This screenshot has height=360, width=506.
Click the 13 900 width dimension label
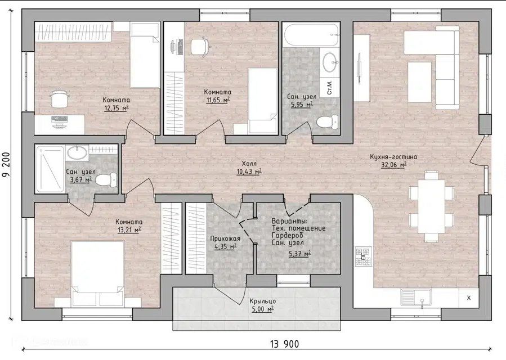(x=285, y=344)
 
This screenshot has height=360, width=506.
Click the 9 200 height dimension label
(x=6, y=165)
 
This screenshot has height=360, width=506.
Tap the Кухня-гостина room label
(x=393, y=157)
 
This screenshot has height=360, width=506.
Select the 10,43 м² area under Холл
(x=249, y=172)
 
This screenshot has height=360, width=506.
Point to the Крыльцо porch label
(x=263, y=301)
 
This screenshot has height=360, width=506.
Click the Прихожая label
(x=225, y=238)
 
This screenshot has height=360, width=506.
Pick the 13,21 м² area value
(x=129, y=230)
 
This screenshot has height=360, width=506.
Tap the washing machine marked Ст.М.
(x=330, y=87)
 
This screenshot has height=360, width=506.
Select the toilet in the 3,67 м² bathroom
(x=106, y=179)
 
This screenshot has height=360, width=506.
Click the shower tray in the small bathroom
(x=50, y=169)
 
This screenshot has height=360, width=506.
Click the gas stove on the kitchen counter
(x=364, y=256)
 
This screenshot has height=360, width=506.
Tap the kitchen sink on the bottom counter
(x=417, y=297)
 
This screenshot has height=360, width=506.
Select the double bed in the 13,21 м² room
(x=98, y=273)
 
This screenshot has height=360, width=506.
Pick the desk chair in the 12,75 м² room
(x=59, y=98)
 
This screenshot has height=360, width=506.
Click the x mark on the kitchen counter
(x=469, y=298)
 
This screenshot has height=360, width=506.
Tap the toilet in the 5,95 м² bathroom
(x=328, y=121)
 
